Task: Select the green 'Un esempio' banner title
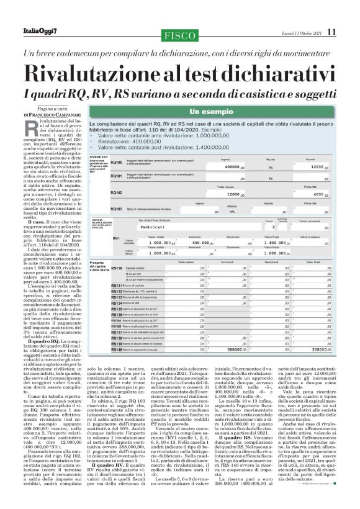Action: [x=220, y=112]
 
